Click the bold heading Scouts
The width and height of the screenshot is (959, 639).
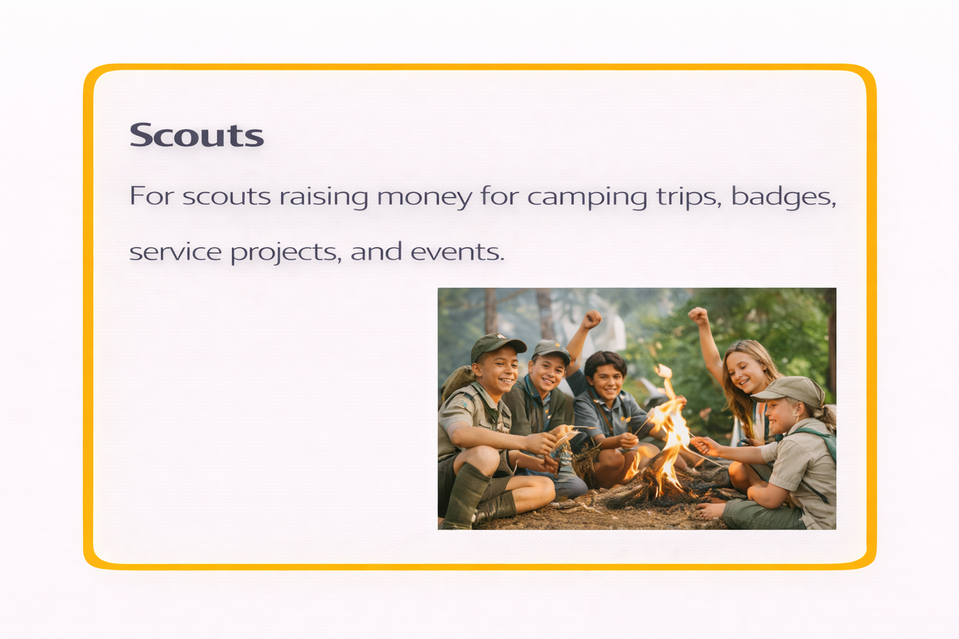197,135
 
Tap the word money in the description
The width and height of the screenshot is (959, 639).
425,197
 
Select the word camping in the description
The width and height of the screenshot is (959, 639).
587,197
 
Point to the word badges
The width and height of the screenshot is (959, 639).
783,197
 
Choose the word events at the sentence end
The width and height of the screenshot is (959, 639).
457,252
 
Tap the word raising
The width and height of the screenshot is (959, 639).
323,197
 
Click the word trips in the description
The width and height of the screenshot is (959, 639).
689,197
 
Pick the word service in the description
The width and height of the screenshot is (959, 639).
175,252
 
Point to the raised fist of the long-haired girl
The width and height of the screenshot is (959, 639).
698,315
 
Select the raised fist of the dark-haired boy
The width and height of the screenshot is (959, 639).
591,319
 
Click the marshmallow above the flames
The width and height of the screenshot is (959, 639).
664,372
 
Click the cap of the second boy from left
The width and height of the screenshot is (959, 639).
551,349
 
